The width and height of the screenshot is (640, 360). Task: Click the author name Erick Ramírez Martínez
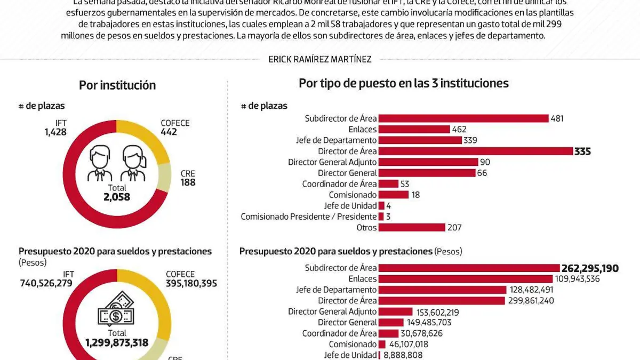pyautogui.click(x=320, y=60)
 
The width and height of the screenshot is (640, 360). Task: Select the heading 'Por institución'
pyautogui.click(x=117, y=85)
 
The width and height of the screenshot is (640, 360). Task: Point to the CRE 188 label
pyautogui.click(x=188, y=178)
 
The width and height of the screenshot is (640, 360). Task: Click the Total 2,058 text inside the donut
pyautogui.click(x=117, y=193)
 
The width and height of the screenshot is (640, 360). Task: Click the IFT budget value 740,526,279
pyautogui.click(x=46, y=283)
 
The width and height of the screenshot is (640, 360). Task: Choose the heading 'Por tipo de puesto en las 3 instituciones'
pyautogui.click(x=403, y=83)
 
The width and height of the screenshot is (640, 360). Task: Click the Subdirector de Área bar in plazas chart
pyautogui.click(x=463, y=118)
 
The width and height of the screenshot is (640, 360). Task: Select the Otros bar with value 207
pyautogui.click(x=411, y=228)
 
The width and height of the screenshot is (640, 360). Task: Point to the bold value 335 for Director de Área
pyautogui.click(x=582, y=151)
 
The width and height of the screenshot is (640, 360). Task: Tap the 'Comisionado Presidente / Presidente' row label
pyautogui.click(x=309, y=217)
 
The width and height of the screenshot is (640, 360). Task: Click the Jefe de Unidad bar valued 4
pyautogui.click(x=381, y=206)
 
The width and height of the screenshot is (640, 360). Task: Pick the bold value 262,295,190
pyautogui.click(x=590, y=268)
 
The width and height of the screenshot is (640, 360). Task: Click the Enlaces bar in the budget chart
pyautogui.click(x=465, y=279)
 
